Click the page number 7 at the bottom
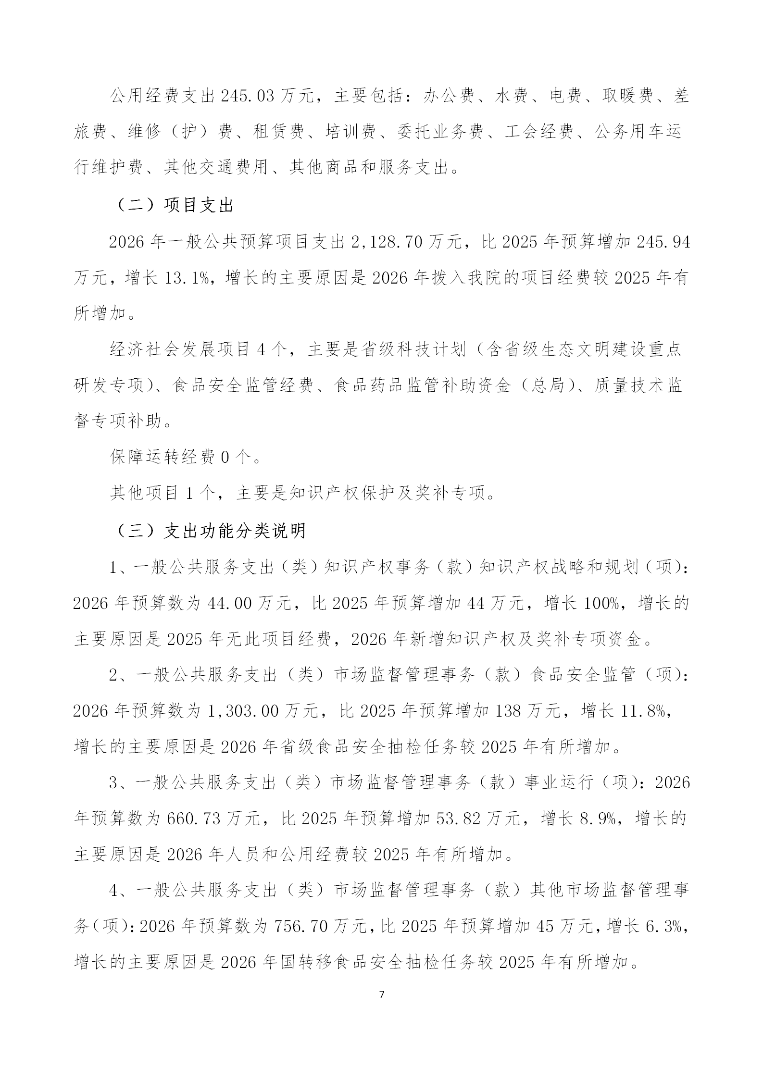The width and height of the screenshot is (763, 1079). [382, 995]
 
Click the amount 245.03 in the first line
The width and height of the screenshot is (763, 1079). [248, 97]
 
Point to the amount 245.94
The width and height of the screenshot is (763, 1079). [663, 242]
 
